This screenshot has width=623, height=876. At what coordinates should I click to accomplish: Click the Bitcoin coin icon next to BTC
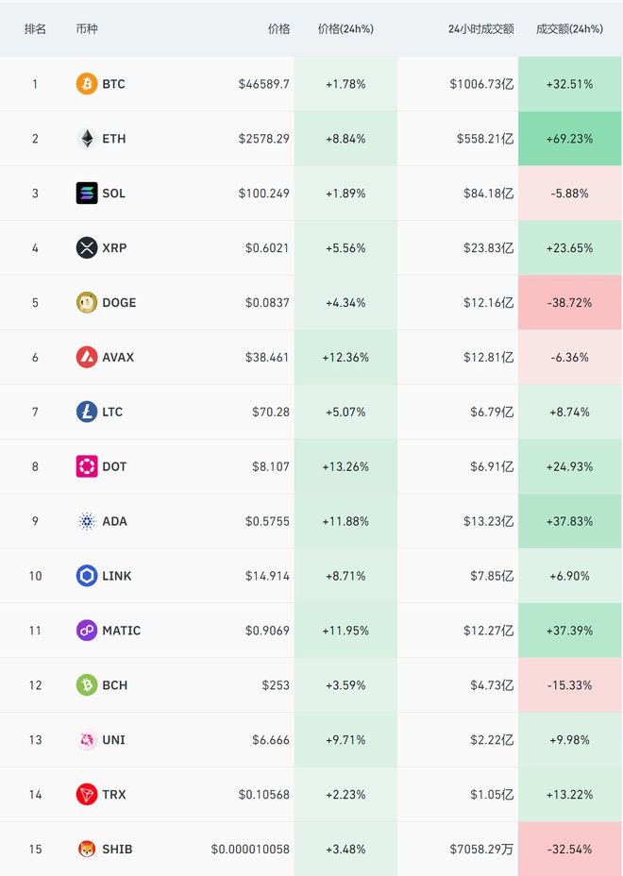pos(87,84)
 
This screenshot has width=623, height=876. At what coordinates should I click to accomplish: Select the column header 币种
pos(87,29)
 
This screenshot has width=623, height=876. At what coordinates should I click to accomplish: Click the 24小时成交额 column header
pos(480,29)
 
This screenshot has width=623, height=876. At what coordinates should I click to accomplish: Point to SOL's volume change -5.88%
pos(569,194)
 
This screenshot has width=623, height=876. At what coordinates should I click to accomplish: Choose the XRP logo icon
pos(87,248)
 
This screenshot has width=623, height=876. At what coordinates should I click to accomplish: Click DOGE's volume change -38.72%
pos(569,303)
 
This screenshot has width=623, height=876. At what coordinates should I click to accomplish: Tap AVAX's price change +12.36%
pos(345,358)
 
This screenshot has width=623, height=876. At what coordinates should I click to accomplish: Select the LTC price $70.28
pos(271,413)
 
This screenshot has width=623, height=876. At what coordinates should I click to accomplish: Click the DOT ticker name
pos(114,467)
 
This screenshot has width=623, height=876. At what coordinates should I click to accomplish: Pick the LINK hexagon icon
pos(87,576)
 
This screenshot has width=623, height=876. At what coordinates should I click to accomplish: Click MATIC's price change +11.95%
pos(345,631)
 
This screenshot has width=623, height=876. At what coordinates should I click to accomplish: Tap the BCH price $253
pos(277,685)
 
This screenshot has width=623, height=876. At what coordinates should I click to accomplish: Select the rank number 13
pos(35,740)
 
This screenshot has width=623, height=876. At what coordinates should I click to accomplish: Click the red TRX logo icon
pos(87,795)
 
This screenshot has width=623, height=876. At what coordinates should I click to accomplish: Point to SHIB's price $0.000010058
pos(250,850)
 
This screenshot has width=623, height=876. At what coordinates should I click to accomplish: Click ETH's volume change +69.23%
pos(569,139)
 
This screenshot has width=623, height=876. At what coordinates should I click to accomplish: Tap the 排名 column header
pos(35,29)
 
